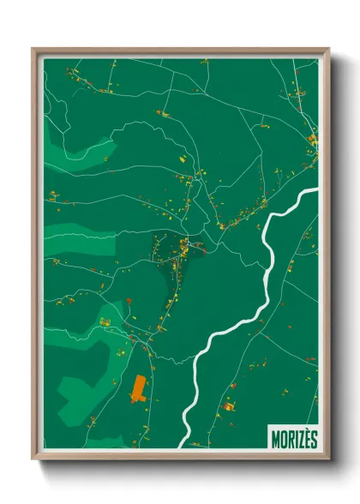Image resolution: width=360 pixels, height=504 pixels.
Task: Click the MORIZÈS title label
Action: click(x=293, y=435)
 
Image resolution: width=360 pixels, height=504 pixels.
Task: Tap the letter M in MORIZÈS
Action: click(x=275, y=435)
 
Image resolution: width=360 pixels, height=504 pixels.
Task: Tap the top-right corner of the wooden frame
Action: click(x=328, y=49)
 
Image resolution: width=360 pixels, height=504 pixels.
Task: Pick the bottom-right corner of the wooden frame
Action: click(x=328, y=458)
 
